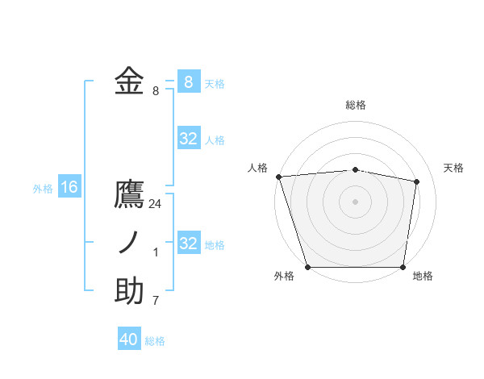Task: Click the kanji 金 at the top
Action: [129, 81]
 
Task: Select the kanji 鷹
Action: [129, 196]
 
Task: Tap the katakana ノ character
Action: [129, 243]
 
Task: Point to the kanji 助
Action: [129, 291]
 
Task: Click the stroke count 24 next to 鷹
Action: [155, 204]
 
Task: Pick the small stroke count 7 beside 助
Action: [156, 300]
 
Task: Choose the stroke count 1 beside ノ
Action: [156, 252]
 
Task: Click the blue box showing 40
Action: [129, 339]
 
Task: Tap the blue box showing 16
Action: [69, 188]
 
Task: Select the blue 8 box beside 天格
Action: [189, 81]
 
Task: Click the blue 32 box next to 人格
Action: [189, 139]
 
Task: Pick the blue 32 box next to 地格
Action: [189, 244]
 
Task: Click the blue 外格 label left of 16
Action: [43, 189]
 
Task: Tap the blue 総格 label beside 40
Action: [155, 341]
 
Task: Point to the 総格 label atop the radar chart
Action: [356, 105]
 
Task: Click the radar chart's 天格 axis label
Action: [454, 168]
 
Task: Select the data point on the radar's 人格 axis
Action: [278, 177]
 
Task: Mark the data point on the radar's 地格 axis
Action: [403, 267]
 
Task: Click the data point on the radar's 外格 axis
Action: [308, 267]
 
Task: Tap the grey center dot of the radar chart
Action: [356, 202]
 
